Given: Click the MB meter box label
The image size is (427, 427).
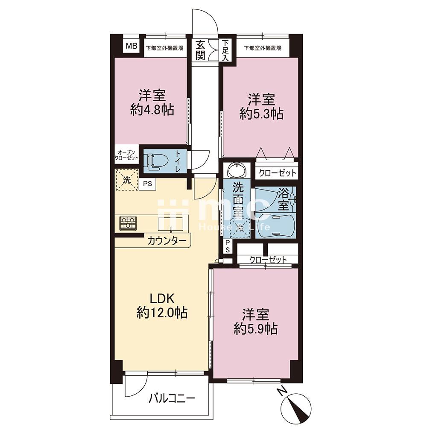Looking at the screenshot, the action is coord(132,46).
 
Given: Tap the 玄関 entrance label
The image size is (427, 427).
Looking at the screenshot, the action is coord(200,50).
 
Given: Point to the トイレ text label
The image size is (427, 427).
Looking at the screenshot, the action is coord(178,162).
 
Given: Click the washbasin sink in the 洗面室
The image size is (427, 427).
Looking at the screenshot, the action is coord(237,170).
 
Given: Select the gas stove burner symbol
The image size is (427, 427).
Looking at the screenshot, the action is coord(128,223).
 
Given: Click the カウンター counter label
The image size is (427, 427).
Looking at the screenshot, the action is coord(167,241).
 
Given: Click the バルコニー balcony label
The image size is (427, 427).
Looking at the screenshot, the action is coord(172,399).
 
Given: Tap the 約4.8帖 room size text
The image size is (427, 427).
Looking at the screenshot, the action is coord(152,110).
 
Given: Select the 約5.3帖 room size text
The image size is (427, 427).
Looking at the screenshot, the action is coord(261,114).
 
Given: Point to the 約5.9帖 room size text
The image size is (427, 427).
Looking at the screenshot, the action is coord(256,329).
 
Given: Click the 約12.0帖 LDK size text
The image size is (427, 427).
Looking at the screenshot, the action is coord(162,313).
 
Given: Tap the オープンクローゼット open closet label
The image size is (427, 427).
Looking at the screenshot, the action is coord(127,155).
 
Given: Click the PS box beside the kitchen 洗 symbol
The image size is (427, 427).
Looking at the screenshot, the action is coord(148,184).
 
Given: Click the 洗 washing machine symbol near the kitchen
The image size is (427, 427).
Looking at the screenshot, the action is coord(127,180).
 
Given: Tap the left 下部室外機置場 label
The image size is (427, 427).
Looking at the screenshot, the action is coord(164,48).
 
